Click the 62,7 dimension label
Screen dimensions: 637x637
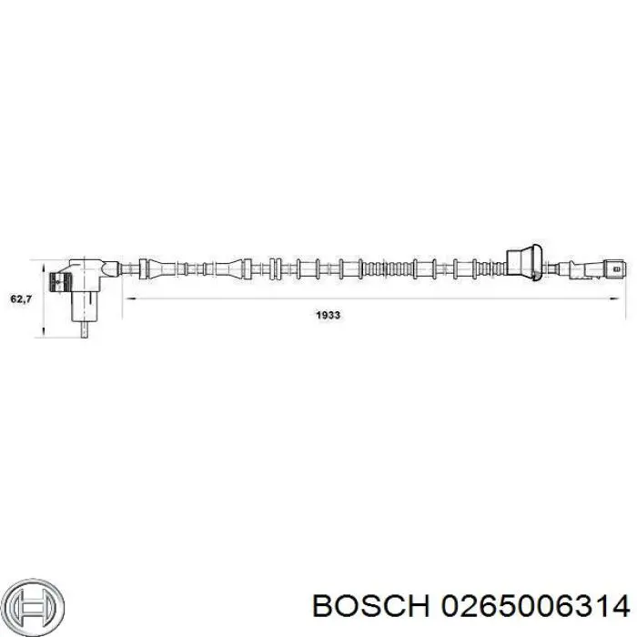[x=21, y=299]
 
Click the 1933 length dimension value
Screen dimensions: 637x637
[x=329, y=315]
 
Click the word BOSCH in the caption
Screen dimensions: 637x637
[x=371, y=607]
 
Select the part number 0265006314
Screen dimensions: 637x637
[x=535, y=607]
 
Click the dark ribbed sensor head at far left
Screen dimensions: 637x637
[x=56, y=281]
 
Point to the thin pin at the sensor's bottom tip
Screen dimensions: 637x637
[x=85, y=329]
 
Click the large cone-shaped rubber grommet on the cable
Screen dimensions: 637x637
[x=524, y=263]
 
